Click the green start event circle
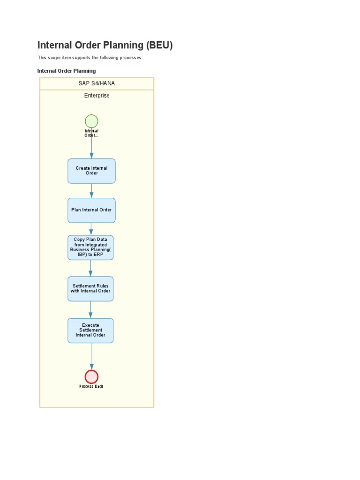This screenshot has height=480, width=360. click(x=91, y=121)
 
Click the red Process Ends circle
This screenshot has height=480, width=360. click(x=91, y=376)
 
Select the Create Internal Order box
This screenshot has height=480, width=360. click(x=91, y=171)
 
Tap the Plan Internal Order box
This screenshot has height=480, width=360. click(x=91, y=210)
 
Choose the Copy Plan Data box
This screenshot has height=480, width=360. click(x=90, y=247)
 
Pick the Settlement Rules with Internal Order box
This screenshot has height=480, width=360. click(x=90, y=288)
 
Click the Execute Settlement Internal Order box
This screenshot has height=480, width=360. click(x=90, y=330)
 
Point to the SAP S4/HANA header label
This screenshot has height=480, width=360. click(x=97, y=83)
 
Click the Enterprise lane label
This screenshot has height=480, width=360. click(x=97, y=96)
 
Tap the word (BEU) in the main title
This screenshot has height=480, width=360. click(x=159, y=45)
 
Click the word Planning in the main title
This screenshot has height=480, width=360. click(x=123, y=45)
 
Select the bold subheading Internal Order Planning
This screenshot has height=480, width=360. click(x=67, y=71)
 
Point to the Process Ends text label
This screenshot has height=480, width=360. click(x=91, y=386)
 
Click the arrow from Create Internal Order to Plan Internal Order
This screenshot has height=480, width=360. click(x=91, y=190)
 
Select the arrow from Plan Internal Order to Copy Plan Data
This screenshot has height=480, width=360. click(x=91, y=229)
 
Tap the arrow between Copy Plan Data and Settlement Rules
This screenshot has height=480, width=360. click(x=90, y=268)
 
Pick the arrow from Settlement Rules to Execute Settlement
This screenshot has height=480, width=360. click(x=90, y=309)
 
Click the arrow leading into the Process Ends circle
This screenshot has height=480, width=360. click(x=91, y=356)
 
